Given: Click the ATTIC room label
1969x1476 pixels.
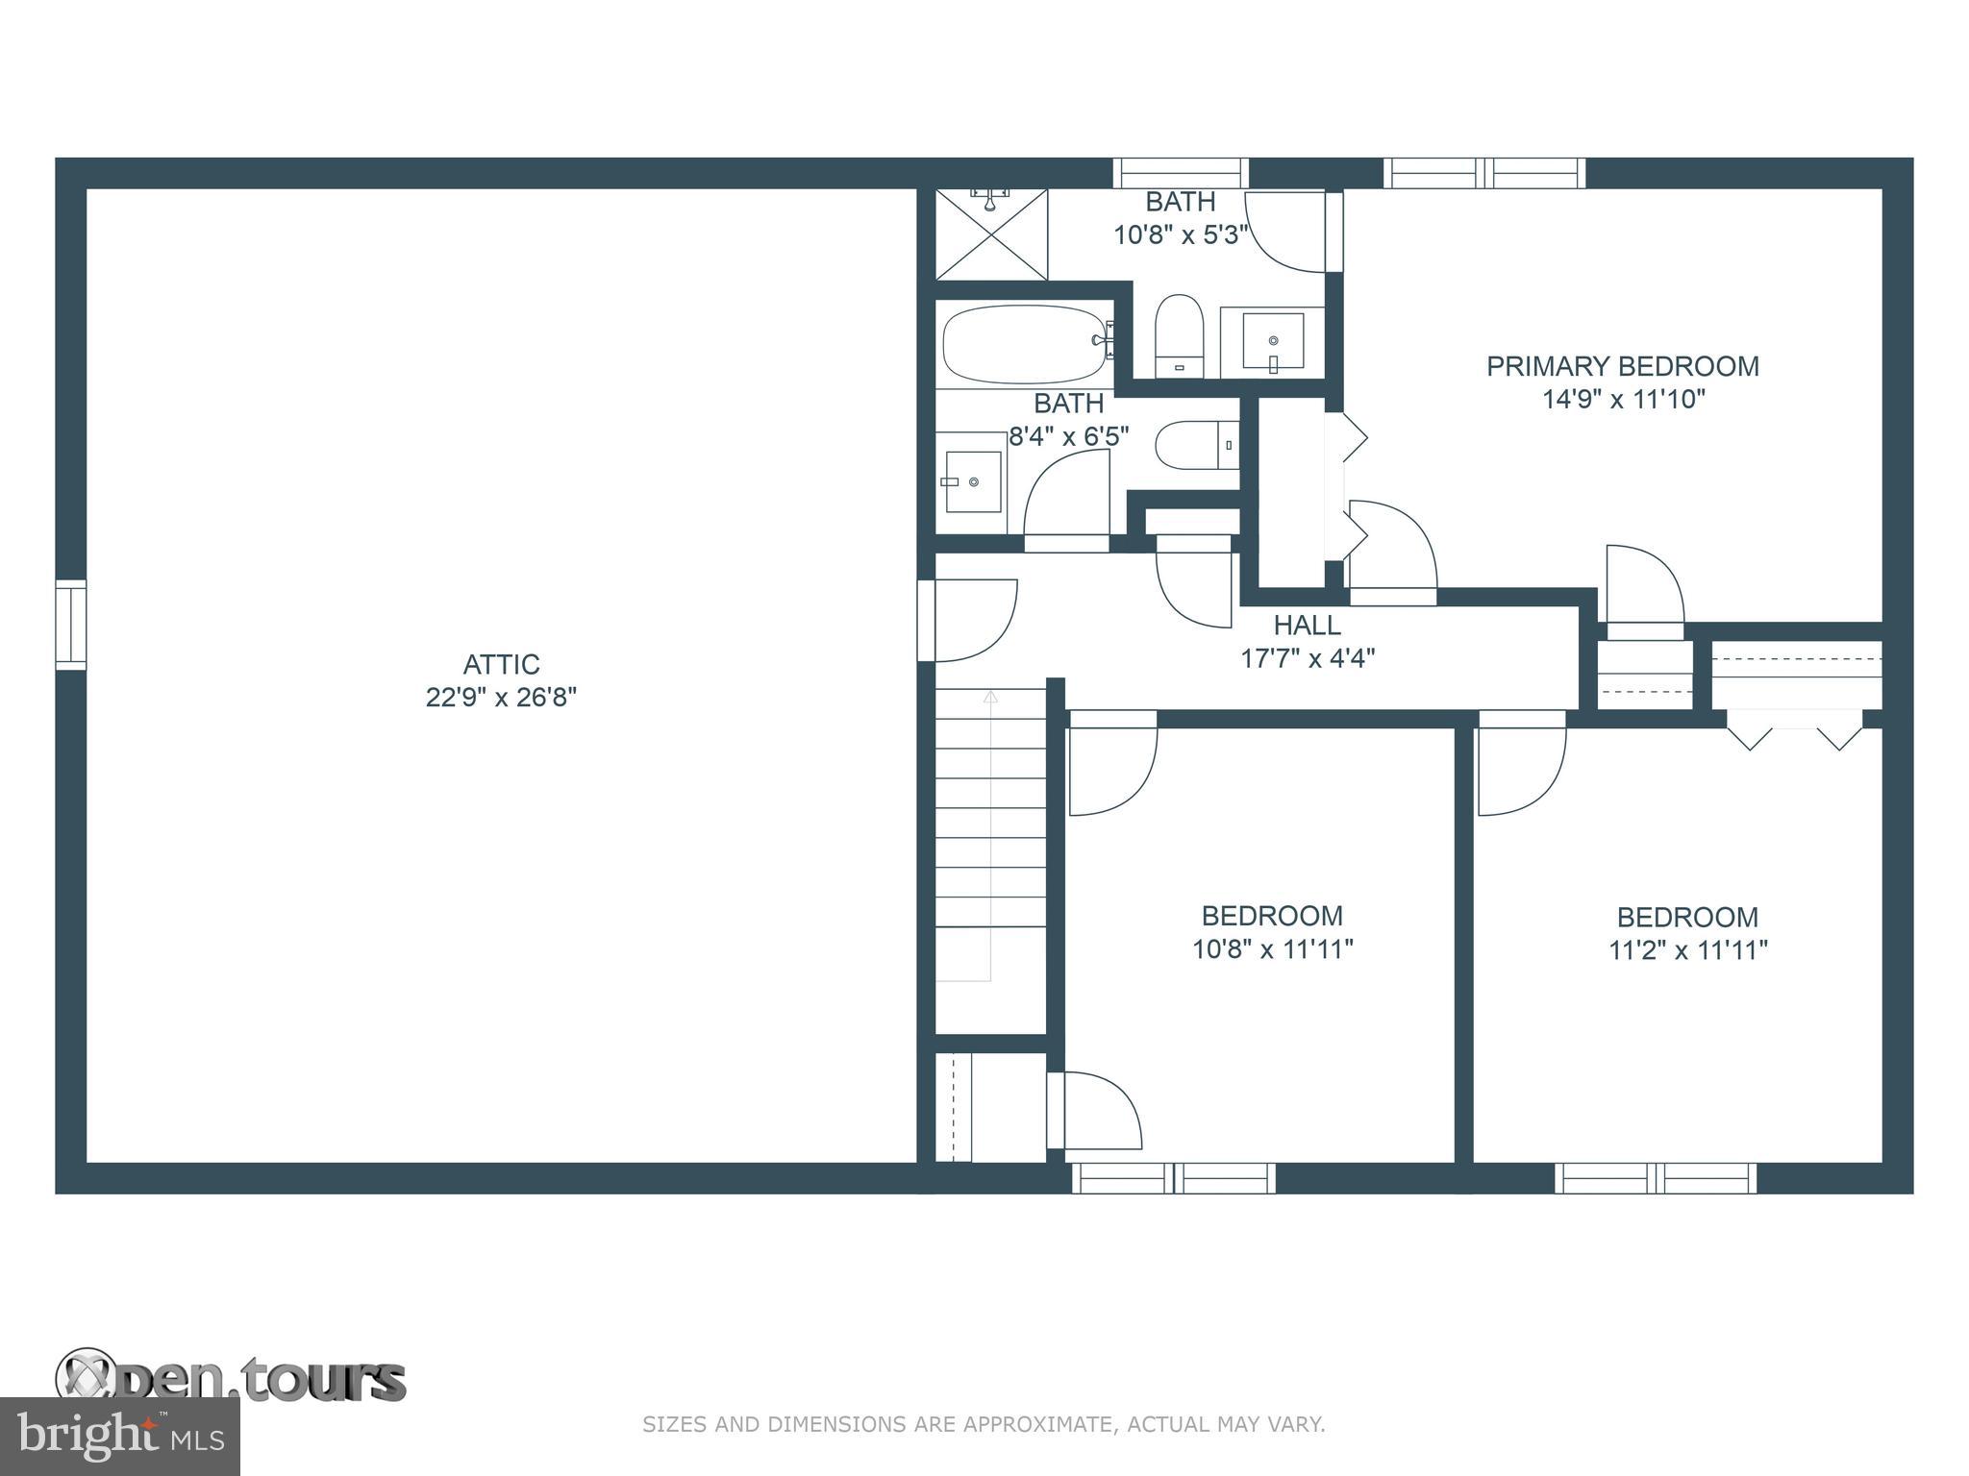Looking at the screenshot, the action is pos(501,664).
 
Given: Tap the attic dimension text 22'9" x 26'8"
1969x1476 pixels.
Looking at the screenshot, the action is pos(501,697).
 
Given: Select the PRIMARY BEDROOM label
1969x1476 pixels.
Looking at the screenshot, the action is pos(1623,366).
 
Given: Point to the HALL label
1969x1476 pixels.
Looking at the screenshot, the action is pos(1307,626).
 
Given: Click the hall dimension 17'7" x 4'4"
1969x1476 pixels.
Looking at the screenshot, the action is pos(1308,658).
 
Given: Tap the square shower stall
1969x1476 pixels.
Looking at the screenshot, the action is pos(991,234).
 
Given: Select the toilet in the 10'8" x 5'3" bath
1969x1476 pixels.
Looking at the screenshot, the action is pos(1180,336).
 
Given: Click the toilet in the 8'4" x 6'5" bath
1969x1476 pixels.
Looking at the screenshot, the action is pos(1197,445).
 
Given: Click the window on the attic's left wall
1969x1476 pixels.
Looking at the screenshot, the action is pos(70,625).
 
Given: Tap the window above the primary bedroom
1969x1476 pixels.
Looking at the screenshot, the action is pos(1484,173).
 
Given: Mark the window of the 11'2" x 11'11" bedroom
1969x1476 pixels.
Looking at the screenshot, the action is pos(1656,1178).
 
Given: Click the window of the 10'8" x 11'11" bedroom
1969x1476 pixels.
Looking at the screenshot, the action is pos(1174,1178).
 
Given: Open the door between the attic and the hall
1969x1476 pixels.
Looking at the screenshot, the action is pos(967,621).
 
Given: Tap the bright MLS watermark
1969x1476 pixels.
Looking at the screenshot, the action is pos(120,1437).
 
